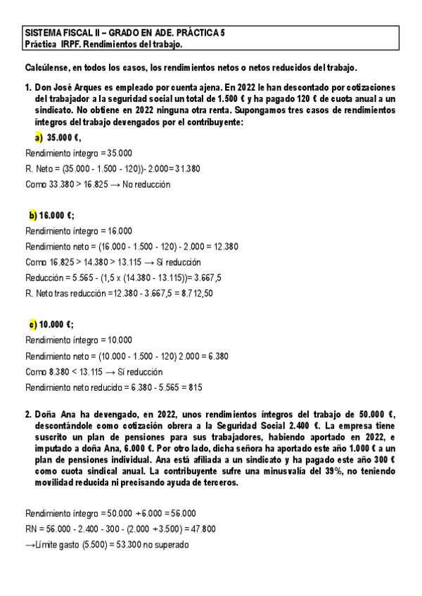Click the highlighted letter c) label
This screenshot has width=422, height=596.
[33, 324]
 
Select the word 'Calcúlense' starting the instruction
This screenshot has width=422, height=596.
[48, 67]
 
